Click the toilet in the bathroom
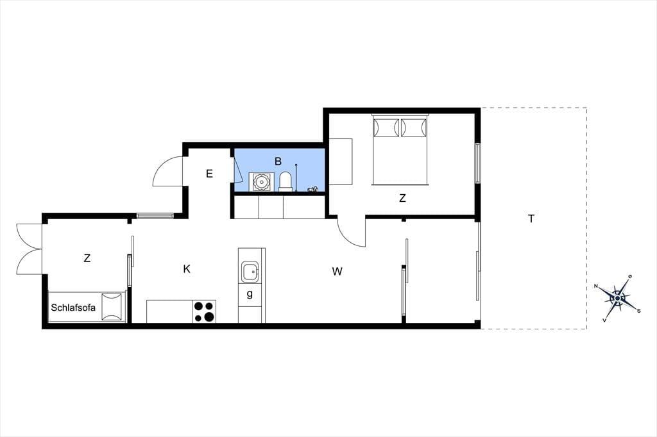pos(286,182)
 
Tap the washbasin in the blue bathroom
pos(261,182)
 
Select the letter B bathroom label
pos(278,161)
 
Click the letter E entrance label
pos(210,173)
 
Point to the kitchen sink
pos(251,272)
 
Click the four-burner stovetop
pos(204,311)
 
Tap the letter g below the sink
pos(250,294)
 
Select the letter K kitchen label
pos(187,268)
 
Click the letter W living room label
pos(337,272)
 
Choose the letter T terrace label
pos(531,218)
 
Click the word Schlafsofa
pos(73,308)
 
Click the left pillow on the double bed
pos(386,128)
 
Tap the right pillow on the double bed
pos(414,128)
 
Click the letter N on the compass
pos(596,286)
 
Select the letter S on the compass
pos(638,311)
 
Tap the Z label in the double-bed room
pos(402,198)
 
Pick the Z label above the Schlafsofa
pos(87,258)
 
